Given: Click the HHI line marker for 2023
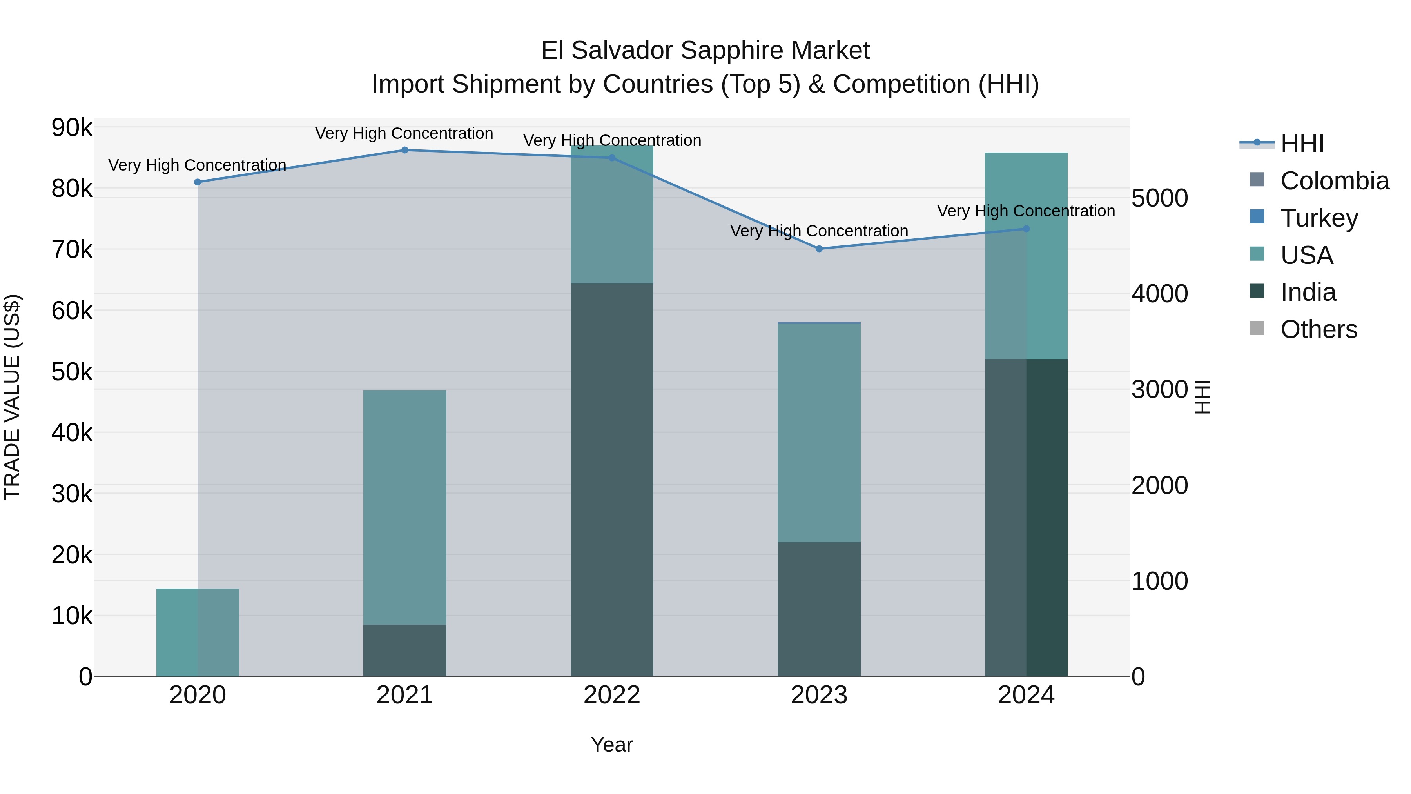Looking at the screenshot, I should [x=819, y=249].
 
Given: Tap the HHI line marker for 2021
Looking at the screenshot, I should [x=405, y=150].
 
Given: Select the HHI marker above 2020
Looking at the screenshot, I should [x=198, y=182].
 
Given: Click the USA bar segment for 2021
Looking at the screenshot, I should [x=405, y=507].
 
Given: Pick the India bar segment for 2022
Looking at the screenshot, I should [x=612, y=480].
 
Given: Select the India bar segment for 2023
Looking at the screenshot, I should [x=819, y=609].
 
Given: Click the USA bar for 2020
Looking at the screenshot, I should [x=198, y=632].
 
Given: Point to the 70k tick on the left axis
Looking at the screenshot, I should [x=72, y=250].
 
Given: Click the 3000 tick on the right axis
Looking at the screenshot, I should [x=1159, y=390].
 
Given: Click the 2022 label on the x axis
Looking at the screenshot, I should [x=612, y=695].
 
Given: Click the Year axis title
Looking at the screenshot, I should [x=612, y=745].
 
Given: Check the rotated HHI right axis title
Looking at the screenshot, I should [x=1203, y=397].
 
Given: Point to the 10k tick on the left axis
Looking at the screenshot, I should [x=72, y=616].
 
